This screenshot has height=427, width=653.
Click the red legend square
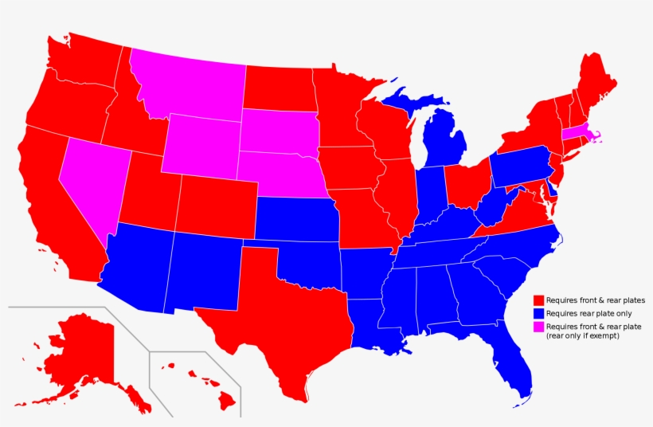[538, 300]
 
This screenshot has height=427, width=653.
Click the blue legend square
[538, 314]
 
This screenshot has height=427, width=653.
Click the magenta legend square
[538, 327]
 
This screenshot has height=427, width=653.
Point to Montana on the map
[187, 84]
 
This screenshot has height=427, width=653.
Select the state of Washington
[84, 60]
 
